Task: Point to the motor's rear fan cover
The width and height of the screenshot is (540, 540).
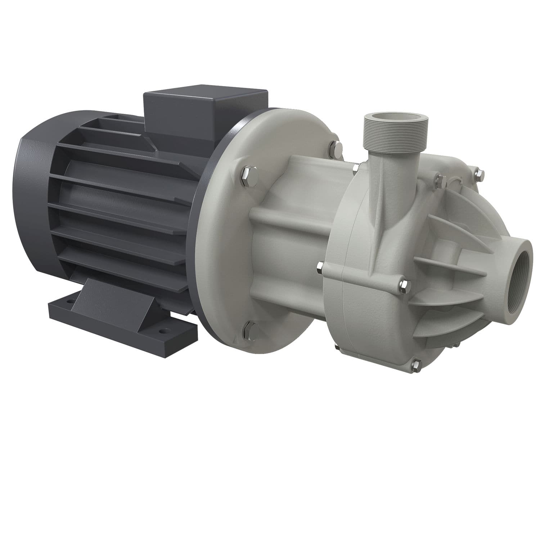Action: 36,202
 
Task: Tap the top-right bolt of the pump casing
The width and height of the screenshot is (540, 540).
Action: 479,174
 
